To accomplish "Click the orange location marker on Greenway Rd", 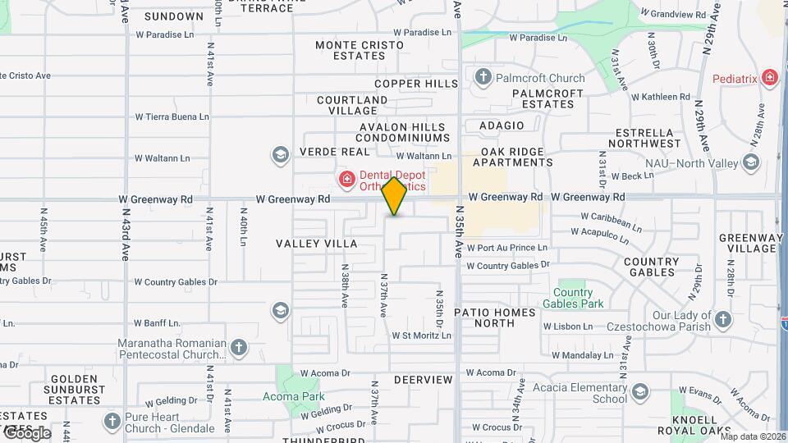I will point(395,196).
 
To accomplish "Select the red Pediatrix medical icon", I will point(770,78).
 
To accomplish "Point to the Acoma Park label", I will point(293,396).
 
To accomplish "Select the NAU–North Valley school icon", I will point(750,162).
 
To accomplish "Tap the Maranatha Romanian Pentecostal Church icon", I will point(238,347).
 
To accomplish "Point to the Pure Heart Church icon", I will point(112,422).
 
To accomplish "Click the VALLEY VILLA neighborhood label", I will point(316,244).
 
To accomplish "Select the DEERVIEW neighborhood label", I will point(423,380).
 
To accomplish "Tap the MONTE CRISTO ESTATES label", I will point(360,50).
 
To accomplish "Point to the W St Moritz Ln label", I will point(422,336).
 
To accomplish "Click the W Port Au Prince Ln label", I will point(506,248).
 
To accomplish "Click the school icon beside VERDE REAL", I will point(281,153).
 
